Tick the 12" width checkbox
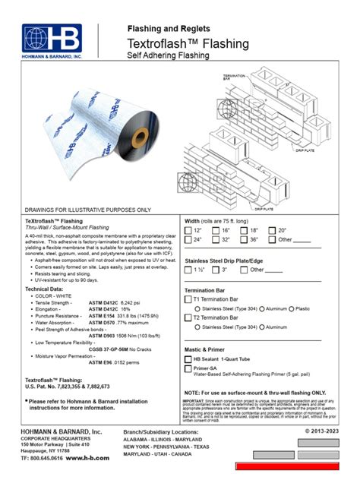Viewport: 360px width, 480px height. click(188, 229)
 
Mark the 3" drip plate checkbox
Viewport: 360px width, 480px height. click(216, 270)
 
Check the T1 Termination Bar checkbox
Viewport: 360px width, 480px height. click(189, 299)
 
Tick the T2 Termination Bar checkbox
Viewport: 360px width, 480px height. click(189, 318)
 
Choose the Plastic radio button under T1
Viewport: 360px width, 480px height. click(292, 309)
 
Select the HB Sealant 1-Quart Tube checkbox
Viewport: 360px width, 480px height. click(189, 358)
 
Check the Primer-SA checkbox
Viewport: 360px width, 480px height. click(189, 368)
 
